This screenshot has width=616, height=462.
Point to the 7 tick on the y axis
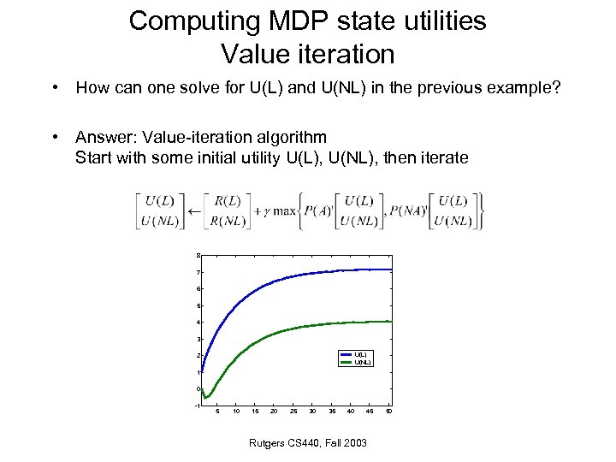coord(198,272)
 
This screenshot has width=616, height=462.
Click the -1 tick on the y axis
coord(197,406)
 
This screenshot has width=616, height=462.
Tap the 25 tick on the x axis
coord(293,412)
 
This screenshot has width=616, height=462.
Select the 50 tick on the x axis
coord(389,412)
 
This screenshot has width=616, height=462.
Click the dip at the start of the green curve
coord(206,397)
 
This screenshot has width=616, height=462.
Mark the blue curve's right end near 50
coord(390,269)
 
